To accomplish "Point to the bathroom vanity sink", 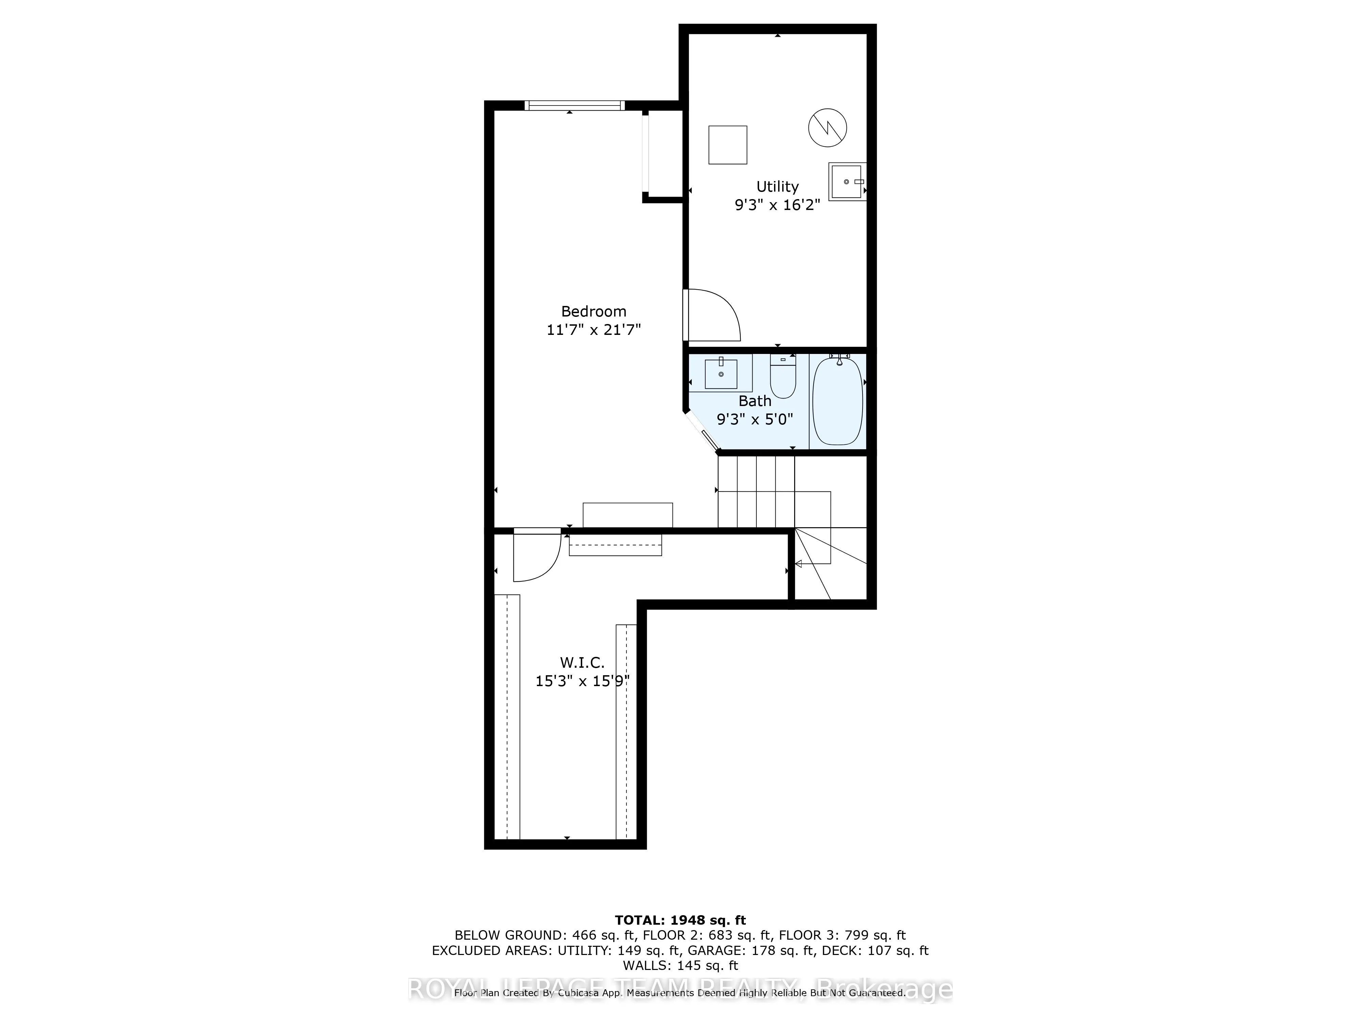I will coord(721,374).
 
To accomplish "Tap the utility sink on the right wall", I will coord(847,181).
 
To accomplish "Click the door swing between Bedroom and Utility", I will coord(714,315).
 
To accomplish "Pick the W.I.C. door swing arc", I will coord(537,557).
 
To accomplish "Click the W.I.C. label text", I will coord(582,663).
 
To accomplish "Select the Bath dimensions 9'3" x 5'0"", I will coord(755,419).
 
